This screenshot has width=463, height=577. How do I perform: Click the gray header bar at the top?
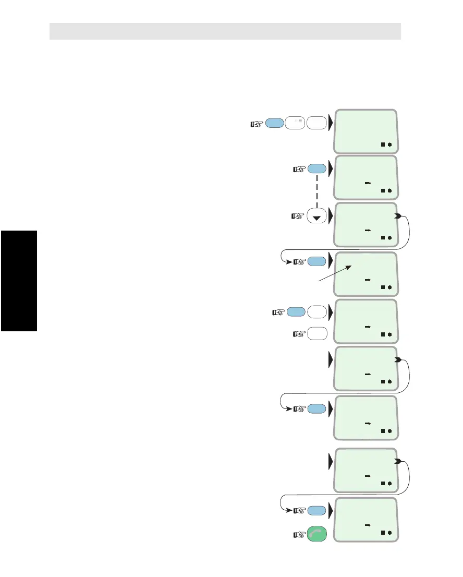[x=225, y=31]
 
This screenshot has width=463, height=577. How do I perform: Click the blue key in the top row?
[x=275, y=124]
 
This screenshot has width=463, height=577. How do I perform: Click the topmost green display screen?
[x=365, y=131]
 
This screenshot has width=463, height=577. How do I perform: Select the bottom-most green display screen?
[x=365, y=519]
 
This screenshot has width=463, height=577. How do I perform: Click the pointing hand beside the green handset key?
[x=298, y=534]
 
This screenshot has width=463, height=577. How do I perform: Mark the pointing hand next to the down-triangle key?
[x=298, y=215]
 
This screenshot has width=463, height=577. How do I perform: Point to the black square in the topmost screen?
[x=382, y=145]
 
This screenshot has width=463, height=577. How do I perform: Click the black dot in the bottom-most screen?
[x=389, y=533]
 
